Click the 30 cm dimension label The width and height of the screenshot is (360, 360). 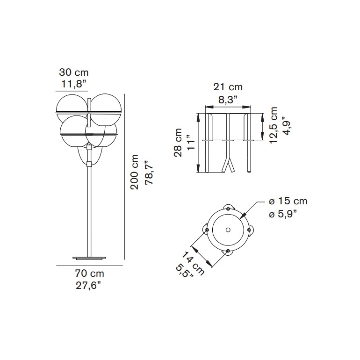point(74,72)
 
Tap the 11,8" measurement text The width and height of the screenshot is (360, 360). point(74,84)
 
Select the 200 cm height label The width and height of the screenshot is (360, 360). point(135,172)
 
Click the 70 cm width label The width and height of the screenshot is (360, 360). point(90,274)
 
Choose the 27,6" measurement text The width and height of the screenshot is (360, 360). point(88,285)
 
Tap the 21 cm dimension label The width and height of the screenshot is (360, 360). point(228,87)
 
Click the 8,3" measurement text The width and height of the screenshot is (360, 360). point(228,100)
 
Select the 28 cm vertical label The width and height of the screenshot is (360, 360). point(178,143)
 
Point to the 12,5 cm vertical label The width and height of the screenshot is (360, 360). point(274,125)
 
